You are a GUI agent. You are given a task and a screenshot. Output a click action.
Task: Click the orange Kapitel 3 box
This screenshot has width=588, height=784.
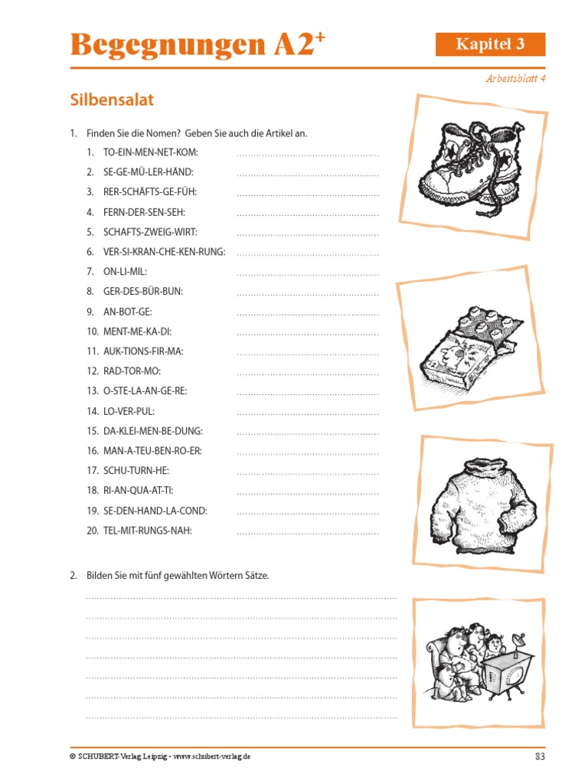[490, 44]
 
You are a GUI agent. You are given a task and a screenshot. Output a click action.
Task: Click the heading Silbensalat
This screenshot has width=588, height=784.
[112, 100]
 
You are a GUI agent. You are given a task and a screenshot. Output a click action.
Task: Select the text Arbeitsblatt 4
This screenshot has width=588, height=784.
[516, 78]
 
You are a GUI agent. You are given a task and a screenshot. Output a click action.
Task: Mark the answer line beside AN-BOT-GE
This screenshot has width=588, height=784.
[308, 313]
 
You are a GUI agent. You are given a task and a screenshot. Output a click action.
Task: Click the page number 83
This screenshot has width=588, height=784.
[539, 756]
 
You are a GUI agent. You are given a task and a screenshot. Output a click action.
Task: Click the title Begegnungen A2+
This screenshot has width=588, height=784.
[192, 45]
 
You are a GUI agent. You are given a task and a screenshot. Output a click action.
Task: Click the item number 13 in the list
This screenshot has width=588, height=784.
[93, 391]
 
